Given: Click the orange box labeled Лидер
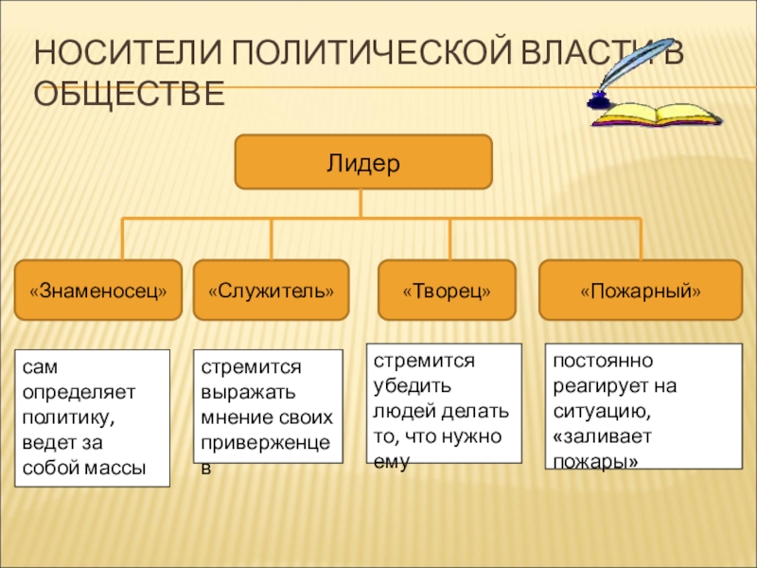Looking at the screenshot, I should click(363, 162).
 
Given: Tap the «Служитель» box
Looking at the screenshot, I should click(271, 290).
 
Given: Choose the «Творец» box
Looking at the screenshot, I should click(447, 290).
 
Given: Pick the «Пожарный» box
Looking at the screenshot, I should click(641, 290).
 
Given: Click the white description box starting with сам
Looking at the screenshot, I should click(92, 418).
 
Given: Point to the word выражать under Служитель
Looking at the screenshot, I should click(238, 392).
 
